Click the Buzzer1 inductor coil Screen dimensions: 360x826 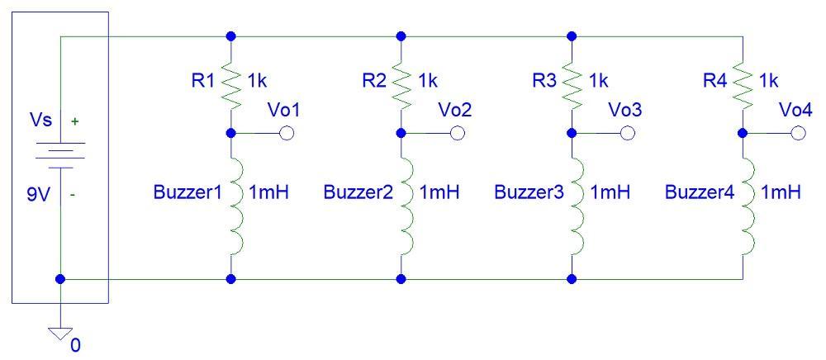(x=235, y=206)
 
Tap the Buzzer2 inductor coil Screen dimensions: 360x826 (x=405, y=206)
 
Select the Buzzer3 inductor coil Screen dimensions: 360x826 (x=576, y=206)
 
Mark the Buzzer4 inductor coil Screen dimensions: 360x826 (x=746, y=206)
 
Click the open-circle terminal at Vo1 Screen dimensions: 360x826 (x=287, y=133)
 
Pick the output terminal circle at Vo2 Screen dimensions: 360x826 (x=457, y=133)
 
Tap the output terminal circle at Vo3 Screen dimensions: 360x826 (x=628, y=133)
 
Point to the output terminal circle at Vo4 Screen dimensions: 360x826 (x=798, y=133)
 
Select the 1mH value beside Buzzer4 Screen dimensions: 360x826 (x=781, y=192)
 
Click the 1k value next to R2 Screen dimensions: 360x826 (x=428, y=80)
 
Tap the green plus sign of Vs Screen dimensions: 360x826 (x=76, y=121)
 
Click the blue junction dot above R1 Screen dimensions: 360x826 (x=231, y=36)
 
